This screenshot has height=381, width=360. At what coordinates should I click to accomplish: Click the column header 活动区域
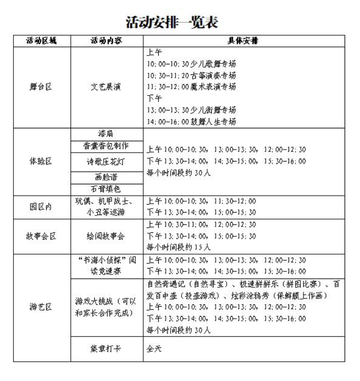(x=42, y=41)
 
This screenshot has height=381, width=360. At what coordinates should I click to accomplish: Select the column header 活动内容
(x=107, y=41)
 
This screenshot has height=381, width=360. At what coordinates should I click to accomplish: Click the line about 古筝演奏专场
(x=191, y=75)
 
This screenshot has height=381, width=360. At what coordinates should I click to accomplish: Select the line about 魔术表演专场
(x=191, y=87)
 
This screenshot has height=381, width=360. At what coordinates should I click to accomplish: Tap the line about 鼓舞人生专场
(x=191, y=121)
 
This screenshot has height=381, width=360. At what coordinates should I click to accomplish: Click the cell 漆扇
(x=107, y=134)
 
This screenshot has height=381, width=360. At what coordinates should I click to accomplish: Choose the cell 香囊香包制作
(x=107, y=146)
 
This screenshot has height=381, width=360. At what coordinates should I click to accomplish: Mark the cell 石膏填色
(x=107, y=189)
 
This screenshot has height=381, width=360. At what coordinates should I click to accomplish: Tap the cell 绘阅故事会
(x=107, y=236)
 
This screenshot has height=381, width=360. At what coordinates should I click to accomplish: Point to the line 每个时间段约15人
(x=179, y=247)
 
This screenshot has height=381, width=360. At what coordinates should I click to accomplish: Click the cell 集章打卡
(x=107, y=349)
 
